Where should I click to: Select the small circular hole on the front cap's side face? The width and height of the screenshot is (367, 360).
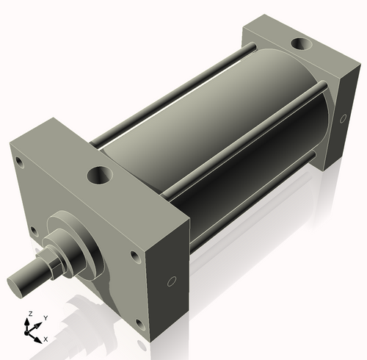pyautogui.click(x=171, y=281)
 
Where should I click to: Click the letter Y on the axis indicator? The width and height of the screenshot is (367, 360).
pyautogui.click(x=45, y=317)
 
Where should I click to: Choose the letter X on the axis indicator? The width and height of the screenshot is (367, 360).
pyautogui.click(x=46, y=339)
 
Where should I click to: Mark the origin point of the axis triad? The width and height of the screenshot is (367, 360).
pyautogui.click(x=32, y=331)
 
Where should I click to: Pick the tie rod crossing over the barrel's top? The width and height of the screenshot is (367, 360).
pyautogui.click(x=242, y=132)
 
